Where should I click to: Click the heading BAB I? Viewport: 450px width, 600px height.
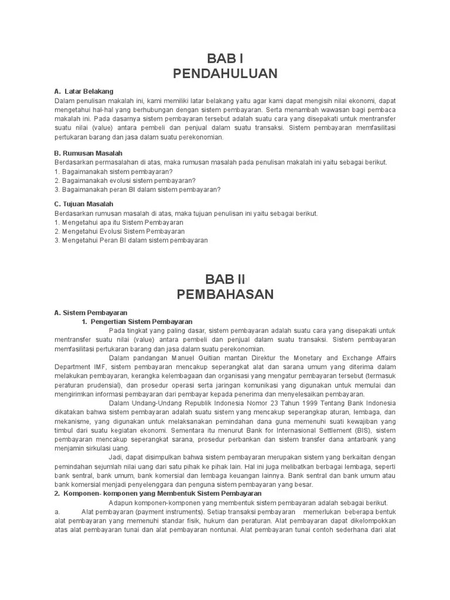[225, 59]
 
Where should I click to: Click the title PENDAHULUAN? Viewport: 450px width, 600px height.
[225, 74]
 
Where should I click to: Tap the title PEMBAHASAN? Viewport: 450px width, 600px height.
[225, 294]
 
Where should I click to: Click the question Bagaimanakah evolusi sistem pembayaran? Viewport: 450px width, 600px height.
[124, 180]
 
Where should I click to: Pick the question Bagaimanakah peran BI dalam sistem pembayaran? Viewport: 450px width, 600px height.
[137, 189]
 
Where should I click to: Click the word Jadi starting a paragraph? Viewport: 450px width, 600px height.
[115, 458]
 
